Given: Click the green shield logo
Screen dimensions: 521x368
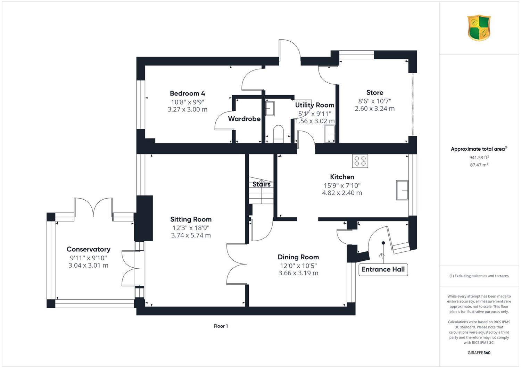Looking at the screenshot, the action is pos(479,28).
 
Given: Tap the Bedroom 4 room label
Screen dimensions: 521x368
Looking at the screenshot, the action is pos(188,93).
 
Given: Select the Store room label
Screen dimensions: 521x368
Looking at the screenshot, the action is pos(375,93).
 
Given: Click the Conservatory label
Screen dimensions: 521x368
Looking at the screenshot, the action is pos(88,249).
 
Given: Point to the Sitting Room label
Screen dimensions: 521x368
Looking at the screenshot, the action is pos(191,219).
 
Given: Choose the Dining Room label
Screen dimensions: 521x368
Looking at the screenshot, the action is pos(298,257).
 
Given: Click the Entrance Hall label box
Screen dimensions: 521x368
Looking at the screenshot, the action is pos(383,269).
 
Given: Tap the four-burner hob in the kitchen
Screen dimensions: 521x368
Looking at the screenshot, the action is pos(360,161).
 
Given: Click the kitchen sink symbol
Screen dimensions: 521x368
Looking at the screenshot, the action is pos(402,190).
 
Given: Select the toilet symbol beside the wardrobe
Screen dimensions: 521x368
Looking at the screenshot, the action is pos(279,134).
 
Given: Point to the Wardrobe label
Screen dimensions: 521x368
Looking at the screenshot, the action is pos(244,119).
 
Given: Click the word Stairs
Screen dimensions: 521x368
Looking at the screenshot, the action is pos(262,184).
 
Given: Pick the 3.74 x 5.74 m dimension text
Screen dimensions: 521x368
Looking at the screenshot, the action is pos(191,235).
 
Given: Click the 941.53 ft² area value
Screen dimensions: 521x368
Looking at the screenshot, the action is pos(479,157).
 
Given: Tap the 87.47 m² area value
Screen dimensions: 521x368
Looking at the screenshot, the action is pos(479,165).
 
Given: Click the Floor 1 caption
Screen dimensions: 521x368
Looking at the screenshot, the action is pos(221,326).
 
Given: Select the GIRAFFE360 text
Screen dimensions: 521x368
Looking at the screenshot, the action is pos(479,353).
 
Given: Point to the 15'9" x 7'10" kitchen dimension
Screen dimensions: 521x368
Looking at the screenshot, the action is pos(342,185).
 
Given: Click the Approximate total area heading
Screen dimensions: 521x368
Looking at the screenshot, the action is pos(479,149).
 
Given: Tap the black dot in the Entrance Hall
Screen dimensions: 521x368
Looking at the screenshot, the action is pos(383,243).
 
